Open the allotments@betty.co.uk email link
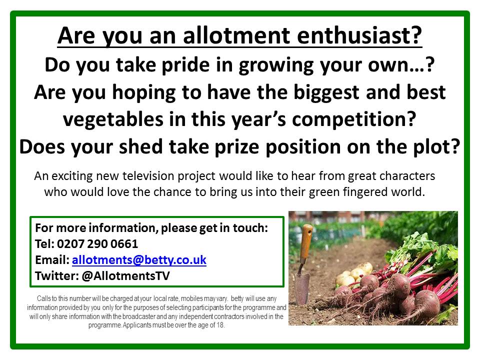tap(139, 260)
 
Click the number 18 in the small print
tap(220, 325)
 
